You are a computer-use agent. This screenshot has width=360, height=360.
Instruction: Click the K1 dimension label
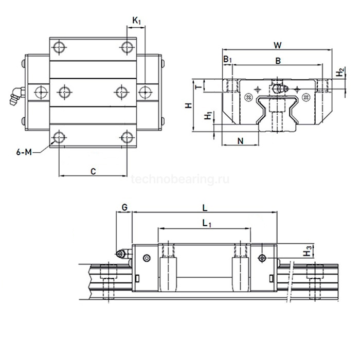click(137, 21)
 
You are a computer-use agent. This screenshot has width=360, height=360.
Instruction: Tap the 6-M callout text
click(24, 152)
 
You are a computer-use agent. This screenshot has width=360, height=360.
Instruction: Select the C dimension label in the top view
click(93, 171)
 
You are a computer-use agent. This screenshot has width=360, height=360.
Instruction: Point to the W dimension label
click(278, 45)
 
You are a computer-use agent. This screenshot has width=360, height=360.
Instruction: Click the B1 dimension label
click(227, 60)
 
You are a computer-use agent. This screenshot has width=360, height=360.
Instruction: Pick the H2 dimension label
click(340, 73)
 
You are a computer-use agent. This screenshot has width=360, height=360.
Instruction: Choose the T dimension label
click(199, 87)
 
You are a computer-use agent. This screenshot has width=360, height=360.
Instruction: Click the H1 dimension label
click(208, 116)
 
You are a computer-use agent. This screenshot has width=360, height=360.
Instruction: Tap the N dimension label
click(240, 141)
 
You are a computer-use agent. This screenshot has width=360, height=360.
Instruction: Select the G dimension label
click(124, 207)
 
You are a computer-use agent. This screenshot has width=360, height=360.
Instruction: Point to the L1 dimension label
click(206, 223)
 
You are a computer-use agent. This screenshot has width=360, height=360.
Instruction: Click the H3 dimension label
click(307, 251)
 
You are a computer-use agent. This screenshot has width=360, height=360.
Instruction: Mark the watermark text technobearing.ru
click(180, 179)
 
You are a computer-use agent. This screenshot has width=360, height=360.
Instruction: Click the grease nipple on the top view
click(16, 96)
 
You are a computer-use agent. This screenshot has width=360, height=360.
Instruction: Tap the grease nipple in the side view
click(124, 254)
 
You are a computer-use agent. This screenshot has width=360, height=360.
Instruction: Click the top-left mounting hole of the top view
click(59, 47)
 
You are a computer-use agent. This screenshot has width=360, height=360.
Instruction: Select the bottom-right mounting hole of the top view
click(127, 137)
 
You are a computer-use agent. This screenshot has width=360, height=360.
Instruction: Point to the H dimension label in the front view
click(189, 105)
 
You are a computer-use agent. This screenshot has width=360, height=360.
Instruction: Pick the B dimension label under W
click(278, 61)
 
